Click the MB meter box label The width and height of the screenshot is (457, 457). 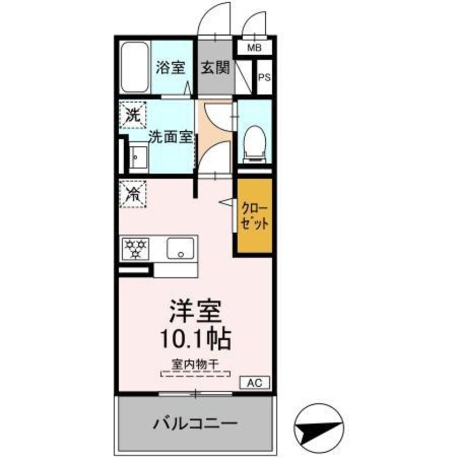253,48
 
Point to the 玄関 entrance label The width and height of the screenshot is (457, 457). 216,68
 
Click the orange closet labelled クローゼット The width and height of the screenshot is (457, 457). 254,217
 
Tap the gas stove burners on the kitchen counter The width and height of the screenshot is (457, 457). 135,248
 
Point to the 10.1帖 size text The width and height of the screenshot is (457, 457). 195,339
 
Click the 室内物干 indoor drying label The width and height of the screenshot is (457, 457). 195,365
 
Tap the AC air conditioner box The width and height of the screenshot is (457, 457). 254,383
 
